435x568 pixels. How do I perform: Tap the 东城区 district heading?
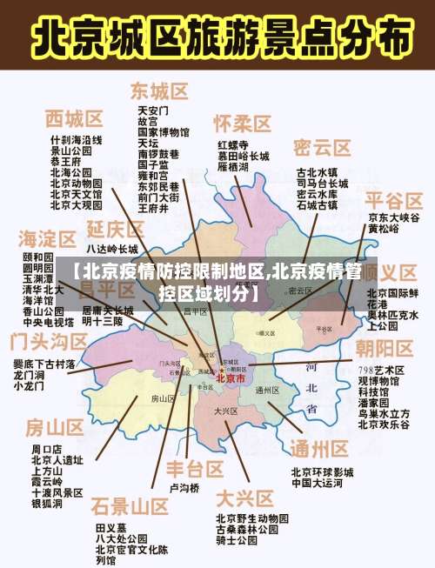tap(160, 90)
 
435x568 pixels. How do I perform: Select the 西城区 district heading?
tap(74, 118)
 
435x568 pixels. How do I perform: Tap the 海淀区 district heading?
tap(47, 237)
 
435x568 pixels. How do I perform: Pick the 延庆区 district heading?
tap(116, 229)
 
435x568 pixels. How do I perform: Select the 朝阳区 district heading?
tap(384, 349)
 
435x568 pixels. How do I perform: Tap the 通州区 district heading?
tap(318, 448)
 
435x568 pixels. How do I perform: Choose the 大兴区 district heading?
tap(244, 498)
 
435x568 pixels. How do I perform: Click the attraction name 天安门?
tap(153, 111)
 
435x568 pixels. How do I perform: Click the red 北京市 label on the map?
tap(231, 378)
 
